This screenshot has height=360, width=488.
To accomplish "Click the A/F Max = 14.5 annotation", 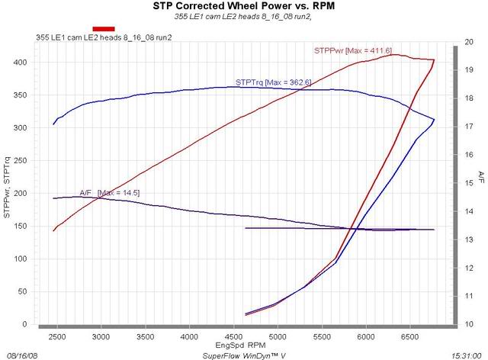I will point(109,192).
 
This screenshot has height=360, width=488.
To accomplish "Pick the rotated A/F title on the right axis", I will point(480,178).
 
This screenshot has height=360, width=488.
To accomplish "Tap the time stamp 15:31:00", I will point(465,355).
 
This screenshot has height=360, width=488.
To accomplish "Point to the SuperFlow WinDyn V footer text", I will point(239,355).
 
